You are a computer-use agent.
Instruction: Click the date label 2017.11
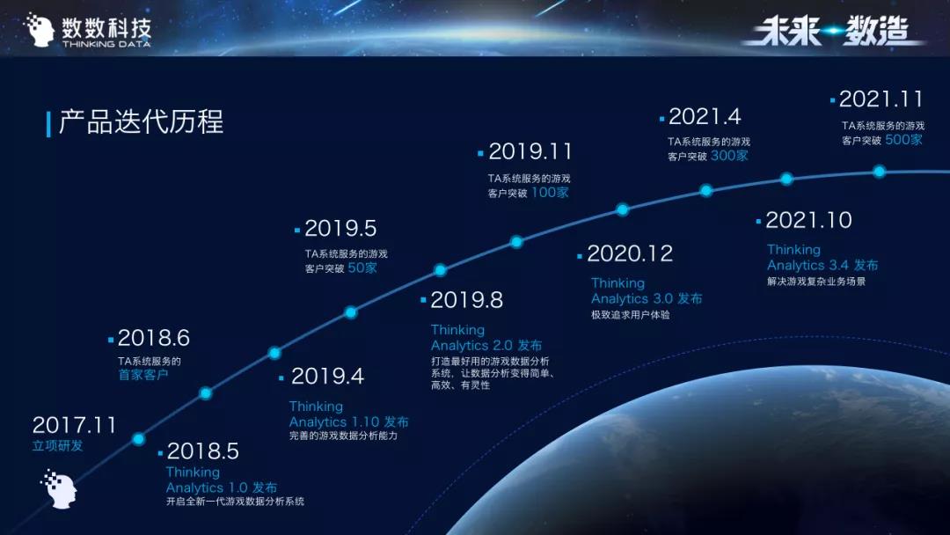(x=74, y=425)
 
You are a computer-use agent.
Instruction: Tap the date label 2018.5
(x=203, y=451)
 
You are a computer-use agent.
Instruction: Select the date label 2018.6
(x=153, y=338)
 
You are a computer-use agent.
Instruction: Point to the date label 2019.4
(x=327, y=377)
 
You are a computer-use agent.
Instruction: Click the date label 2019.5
(x=340, y=229)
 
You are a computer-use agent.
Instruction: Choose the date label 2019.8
(x=466, y=300)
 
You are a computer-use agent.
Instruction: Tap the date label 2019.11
(x=530, y=151)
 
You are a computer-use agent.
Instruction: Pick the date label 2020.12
(x=630, y=253)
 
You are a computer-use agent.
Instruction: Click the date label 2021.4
(x=705, y=116)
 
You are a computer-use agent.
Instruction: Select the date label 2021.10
(x=809, y=220)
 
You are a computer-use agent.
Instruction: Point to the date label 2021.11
(x=881, y=99)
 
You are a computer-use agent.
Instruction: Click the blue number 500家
(x=903, y=140)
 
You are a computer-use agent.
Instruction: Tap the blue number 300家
(x=729, y=156)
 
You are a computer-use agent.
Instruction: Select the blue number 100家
(x=550, y=193)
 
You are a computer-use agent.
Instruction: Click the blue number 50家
(x=362, y=267)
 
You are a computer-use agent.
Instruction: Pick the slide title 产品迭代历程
(x=141, y=121)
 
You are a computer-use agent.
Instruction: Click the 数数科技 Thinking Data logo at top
(x=88, y=30)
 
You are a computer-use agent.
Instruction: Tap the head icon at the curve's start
(x=60, y=488)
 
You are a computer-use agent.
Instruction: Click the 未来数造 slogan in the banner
(x=834, y=30)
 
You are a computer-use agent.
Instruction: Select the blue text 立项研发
(x=57, y=446)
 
